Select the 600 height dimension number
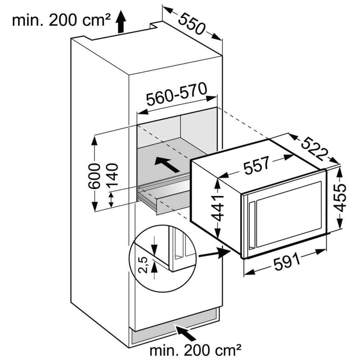[94, 176]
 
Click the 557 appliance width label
[256, 165]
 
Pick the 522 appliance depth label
[314, 149]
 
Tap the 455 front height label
[340, 197]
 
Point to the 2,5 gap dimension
[144, 265]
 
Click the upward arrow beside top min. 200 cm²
[121, 22]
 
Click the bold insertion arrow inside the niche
[167, 165]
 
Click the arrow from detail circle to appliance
[215, 253]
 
